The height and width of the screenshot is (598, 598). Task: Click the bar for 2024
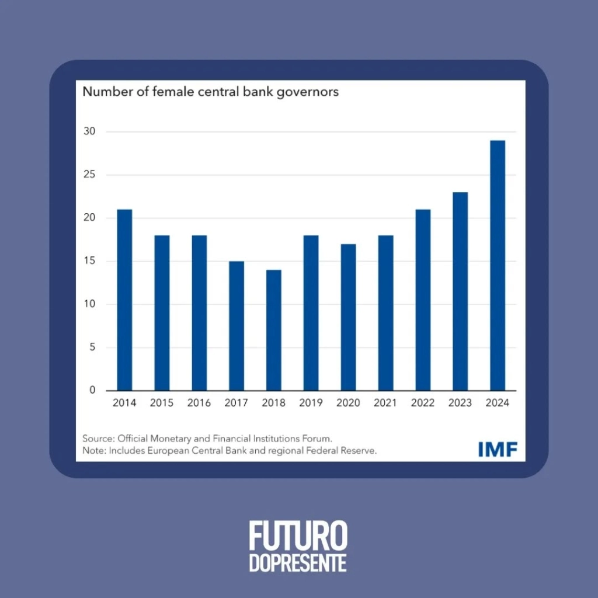(498, 266)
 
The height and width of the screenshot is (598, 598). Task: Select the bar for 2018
(273, 330)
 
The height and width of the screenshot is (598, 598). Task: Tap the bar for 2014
(124, 300)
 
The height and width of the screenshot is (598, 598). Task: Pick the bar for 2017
(236, 326)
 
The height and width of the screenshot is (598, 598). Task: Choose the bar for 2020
(348, 317)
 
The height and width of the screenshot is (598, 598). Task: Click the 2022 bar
(423, 300)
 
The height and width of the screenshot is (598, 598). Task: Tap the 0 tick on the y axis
(92, 390)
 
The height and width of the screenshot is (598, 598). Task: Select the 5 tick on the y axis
(92, 347)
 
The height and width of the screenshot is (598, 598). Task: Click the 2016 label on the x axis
(199, 403)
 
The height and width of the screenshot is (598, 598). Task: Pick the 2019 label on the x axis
(311, 403)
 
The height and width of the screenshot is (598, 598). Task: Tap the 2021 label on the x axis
(385, 403)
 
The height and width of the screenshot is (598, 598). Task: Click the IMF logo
(497, 448)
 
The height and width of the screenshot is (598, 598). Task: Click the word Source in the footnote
(97, 438)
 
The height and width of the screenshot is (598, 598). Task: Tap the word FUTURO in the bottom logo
(298, 536)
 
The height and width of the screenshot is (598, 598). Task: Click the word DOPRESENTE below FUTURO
(298, 563)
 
